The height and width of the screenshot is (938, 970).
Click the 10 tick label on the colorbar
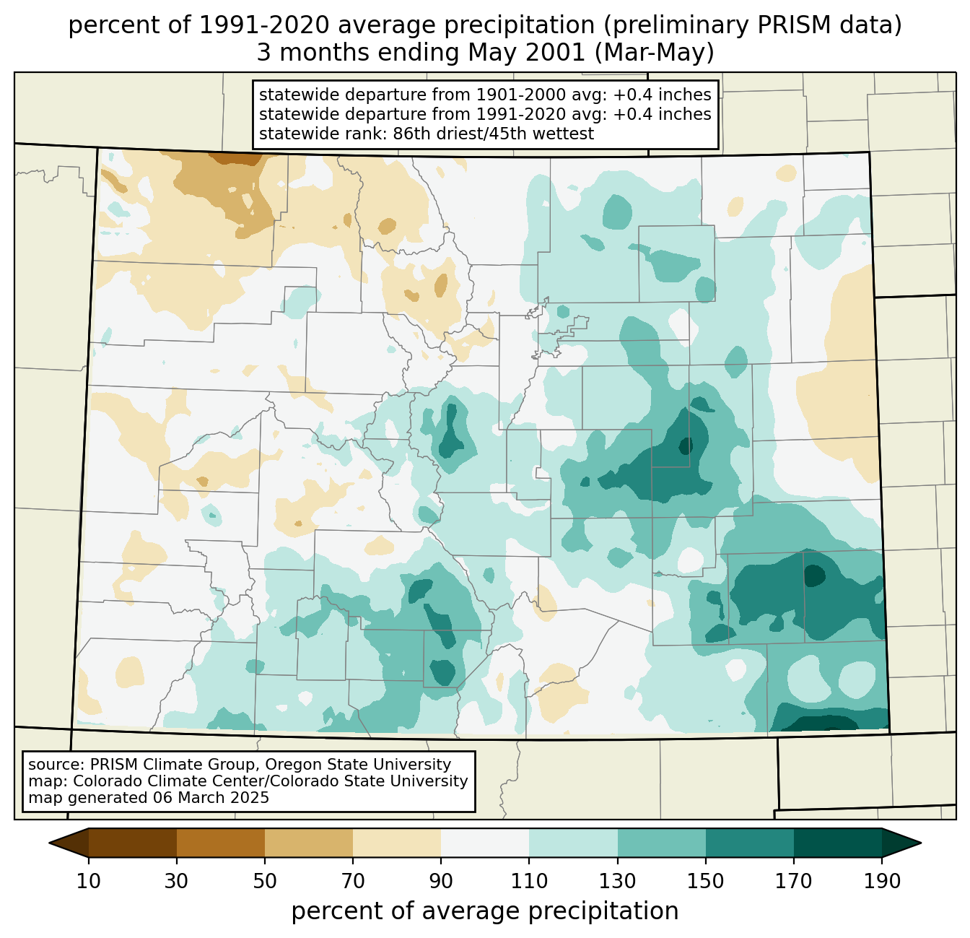pos(89,881)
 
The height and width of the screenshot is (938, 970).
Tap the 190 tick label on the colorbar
pos(882,881)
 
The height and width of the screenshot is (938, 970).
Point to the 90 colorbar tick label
pos(441,881)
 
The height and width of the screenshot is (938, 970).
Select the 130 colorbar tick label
pos(618,881)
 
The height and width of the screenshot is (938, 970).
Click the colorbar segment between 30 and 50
pos(221,843)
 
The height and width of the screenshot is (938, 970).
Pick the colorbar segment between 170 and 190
pos(838,843)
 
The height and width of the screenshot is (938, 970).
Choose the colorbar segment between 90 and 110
pos(485,843)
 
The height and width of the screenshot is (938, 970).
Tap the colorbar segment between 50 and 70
pos(309,843)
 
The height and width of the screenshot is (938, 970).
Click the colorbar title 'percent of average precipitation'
pos(485,911)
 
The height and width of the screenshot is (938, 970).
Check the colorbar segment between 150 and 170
pos(750,843)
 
